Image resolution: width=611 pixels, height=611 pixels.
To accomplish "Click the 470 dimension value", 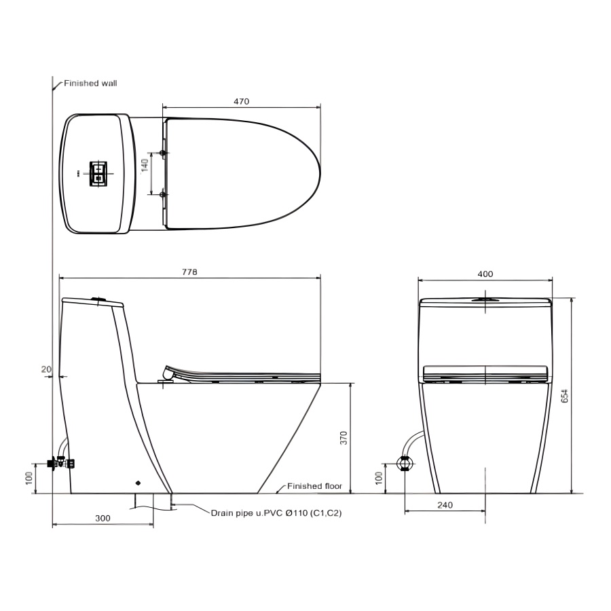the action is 241,101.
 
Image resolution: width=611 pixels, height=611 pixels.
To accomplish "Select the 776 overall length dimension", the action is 190,272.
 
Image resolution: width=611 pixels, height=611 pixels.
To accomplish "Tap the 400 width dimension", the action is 485,274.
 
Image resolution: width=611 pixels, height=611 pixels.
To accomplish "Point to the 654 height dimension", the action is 565,396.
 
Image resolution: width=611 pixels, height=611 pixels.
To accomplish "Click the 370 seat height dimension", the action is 344,438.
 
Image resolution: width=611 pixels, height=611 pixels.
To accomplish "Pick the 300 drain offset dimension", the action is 103,518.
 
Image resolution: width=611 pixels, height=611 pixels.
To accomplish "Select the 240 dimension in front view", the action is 445,505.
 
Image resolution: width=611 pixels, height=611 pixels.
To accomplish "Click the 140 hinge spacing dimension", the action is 145,166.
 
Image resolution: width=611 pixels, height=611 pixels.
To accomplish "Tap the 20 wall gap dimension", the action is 46,369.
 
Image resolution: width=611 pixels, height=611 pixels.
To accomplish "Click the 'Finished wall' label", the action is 90,83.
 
